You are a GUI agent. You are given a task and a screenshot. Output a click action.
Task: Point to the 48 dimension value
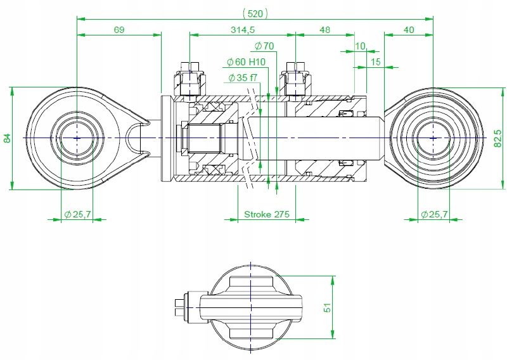(x=324, y=30)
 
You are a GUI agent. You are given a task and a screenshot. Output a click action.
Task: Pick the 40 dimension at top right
(x=409, y=30)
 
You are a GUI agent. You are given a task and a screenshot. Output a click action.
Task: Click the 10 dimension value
(x=361, y=46)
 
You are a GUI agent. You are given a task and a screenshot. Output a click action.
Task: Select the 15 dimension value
(x=375, y=61)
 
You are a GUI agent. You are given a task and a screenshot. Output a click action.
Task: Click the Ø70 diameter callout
(x=264, y=46)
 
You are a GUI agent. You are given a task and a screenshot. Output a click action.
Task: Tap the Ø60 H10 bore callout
(x=246, y=61)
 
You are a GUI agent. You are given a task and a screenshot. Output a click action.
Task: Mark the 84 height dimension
(x=7, y=138)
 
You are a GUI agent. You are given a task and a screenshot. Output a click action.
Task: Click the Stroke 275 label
(x=267, y=214)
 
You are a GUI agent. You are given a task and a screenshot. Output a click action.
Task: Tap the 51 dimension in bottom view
(x=328, y=308)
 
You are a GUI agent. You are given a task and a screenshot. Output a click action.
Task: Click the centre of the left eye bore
(x=77, y=138)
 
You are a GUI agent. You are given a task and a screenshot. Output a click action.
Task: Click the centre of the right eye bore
(x=433, y=138)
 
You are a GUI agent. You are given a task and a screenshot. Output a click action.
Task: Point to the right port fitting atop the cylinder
(x=295, y=79)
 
